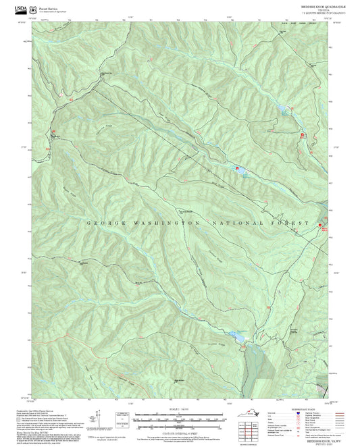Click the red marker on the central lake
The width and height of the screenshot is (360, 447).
236,169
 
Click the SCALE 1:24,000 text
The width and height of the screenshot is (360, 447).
180,408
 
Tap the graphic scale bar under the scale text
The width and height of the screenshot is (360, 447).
180,415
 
